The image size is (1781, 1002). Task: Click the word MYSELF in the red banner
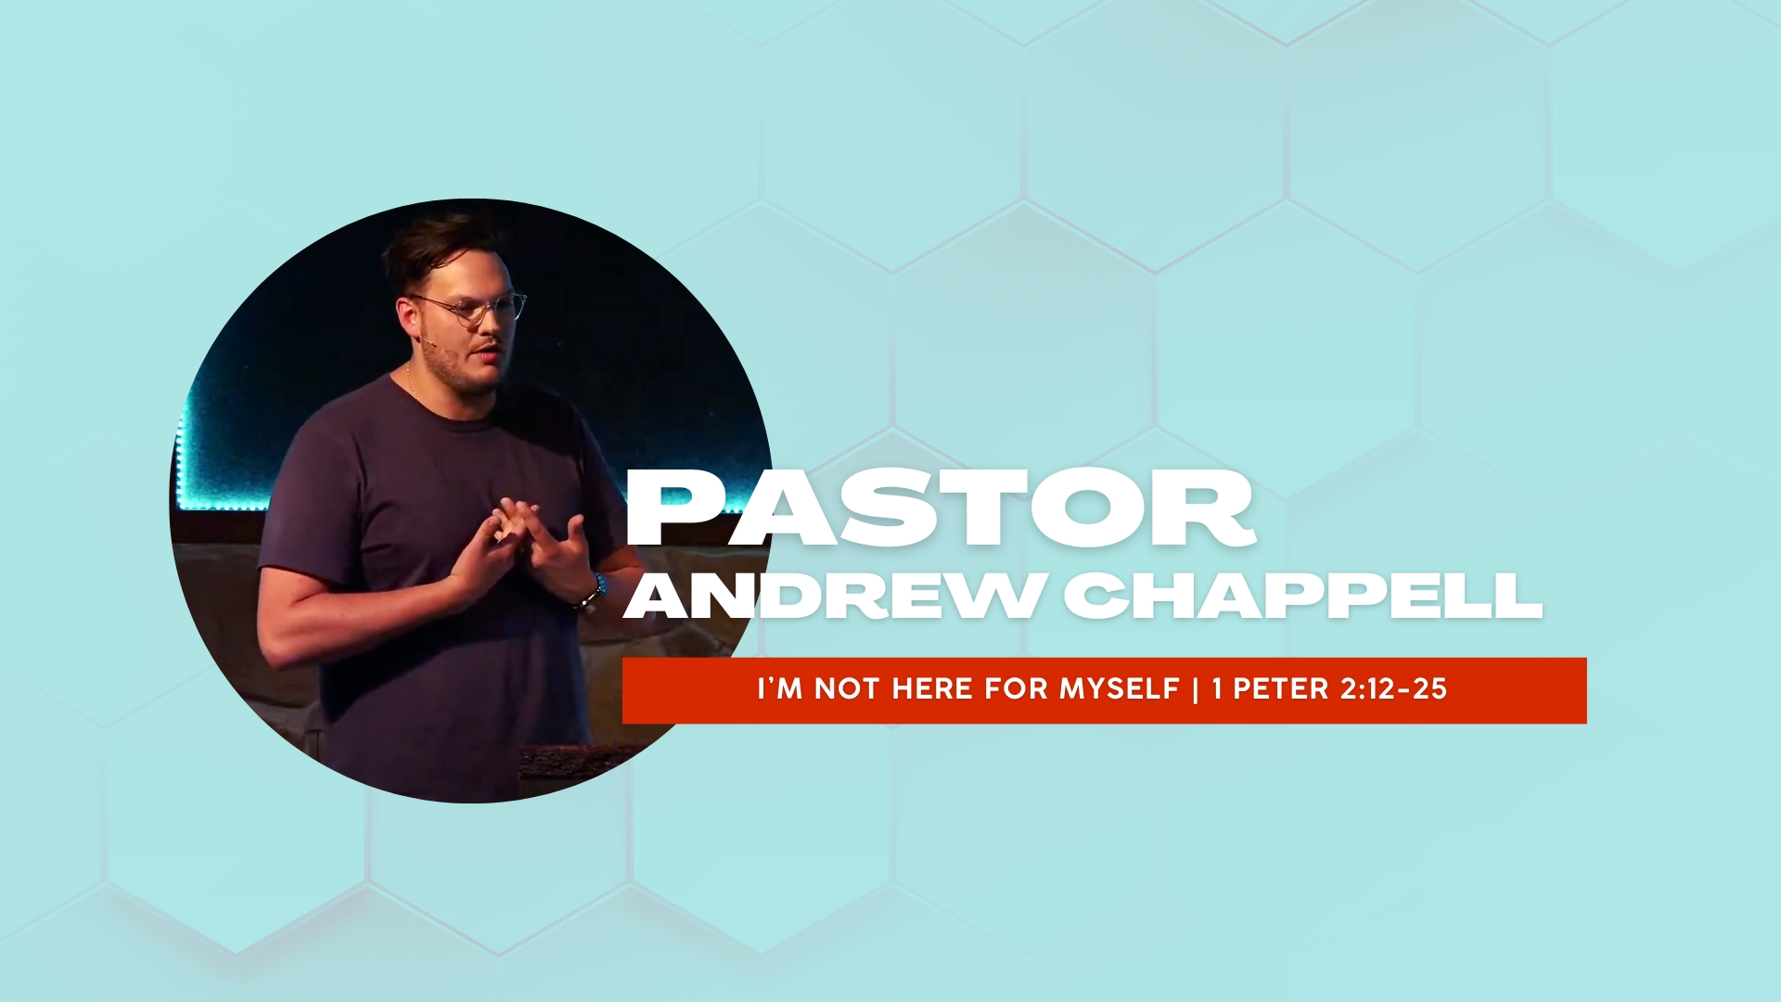pyautogui.click(x=1120, y=688)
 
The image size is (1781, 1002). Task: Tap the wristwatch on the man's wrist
pyautogui.click(x=594, y=593)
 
